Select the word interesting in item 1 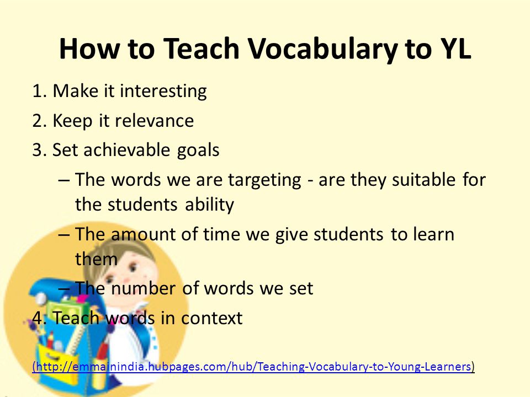[163, 92]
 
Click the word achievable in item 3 [127, 149]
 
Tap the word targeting [264, 180]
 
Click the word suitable [423, 179]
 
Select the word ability [210, 205]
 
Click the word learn [434, 234]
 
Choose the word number [144, 288]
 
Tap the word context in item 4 [211, 318]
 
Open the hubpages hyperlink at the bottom [253, 366]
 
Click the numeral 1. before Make [40, 91]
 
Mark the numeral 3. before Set [40, 150]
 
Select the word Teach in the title [202, 49]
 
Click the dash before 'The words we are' [64, 180]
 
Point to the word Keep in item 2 [72, 121]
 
